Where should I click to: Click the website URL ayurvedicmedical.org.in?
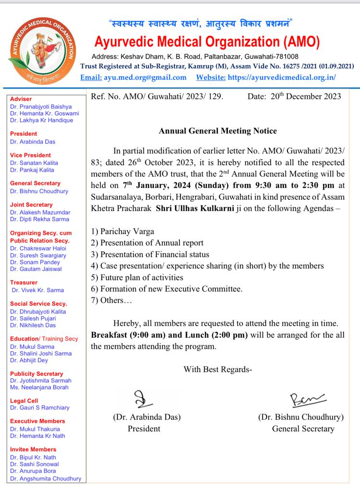pyautogui.click(x=282, y=77)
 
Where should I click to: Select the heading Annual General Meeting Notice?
pyautogui.click(x=218, y=131)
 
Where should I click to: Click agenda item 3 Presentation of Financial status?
pyautogui.click(x=150, y=255)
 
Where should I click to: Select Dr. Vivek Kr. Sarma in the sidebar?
pyautogui.click(x=37, y=290)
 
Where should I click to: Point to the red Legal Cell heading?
pyautogui.click(x=25, y=400)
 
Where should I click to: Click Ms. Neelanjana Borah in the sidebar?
pyautogui.click(x=40, y=388)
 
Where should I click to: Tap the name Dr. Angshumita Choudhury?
pyautogui.click(x=45, y=479)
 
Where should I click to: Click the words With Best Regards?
pyautogui.click(x=217, y=369)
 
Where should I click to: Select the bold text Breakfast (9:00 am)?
pyautogui.click(x=125, y=335)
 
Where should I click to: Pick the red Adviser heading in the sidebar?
pyautogui.click(x=21, y=98)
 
